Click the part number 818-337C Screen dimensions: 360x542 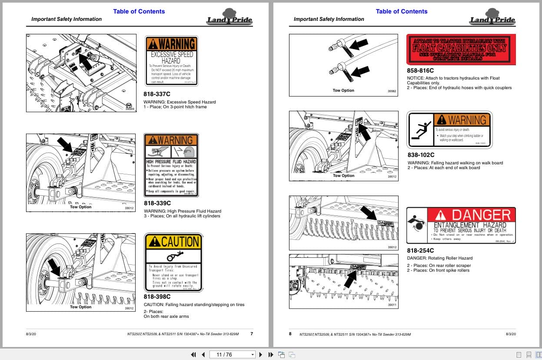(157, 93)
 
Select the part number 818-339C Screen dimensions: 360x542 (157, 203)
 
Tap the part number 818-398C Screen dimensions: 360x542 (157, 297)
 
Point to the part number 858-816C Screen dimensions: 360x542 (420, 70)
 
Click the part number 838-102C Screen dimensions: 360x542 (421, 155)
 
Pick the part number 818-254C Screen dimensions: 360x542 (420, 250)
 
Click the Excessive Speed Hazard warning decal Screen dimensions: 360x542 (171, 61)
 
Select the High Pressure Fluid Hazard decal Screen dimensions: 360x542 (171, 166)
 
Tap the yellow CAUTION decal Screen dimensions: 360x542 (173, 263)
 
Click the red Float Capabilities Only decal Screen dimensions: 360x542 (461, 49)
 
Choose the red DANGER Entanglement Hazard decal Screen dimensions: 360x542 (461, 225)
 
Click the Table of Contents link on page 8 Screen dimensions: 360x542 (401, 11)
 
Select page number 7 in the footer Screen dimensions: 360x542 (252, 334)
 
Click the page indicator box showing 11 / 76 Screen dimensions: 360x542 (233, 354)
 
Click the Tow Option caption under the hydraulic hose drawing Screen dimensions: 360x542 (343, 90)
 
